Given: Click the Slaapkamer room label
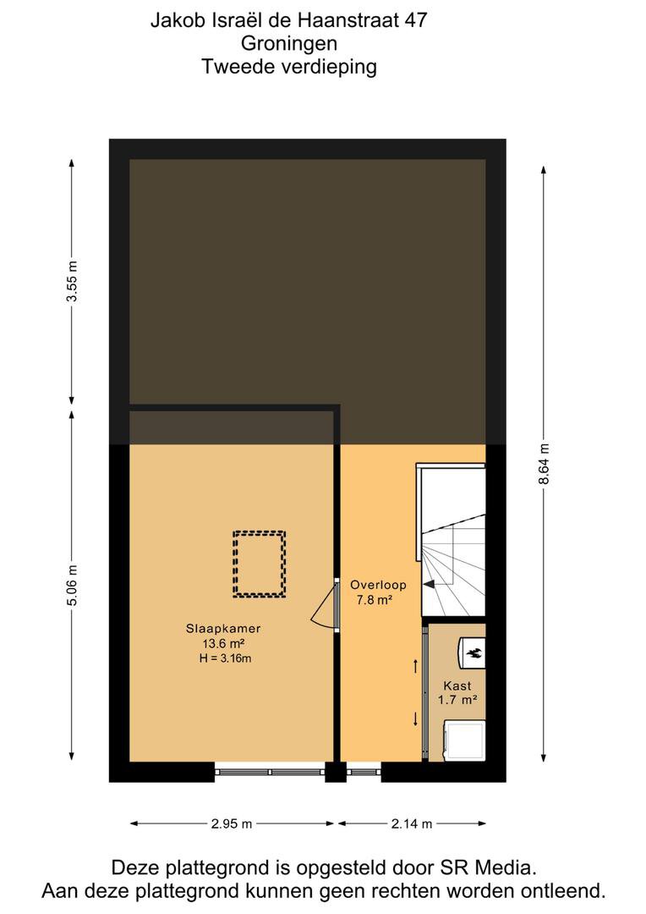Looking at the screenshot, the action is click(x=223, y=628).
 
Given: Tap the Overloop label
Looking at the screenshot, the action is click(x=378, y=585).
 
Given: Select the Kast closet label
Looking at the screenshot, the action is click(x=457, y=685).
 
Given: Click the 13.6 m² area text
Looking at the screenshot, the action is click(x=223, y=643).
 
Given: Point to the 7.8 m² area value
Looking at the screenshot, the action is click(x=374, y=599).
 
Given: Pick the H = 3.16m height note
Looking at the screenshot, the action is click(x=225, y=658).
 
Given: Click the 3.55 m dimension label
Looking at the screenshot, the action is click(x=72, y=281).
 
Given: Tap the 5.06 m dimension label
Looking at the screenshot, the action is click(x=72, y=586).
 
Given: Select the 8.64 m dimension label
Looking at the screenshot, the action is click(x=544, y=464).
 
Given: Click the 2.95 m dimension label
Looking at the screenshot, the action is click(x=232, y=823).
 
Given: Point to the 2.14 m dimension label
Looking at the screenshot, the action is click(x=412, y=823).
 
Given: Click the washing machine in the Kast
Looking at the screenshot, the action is click(x=464, y=741).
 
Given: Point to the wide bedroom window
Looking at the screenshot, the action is click(x=270, y=772).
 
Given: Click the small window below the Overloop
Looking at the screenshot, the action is click(x=364, y=772).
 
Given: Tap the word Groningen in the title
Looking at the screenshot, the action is click(x=289, y=43).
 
